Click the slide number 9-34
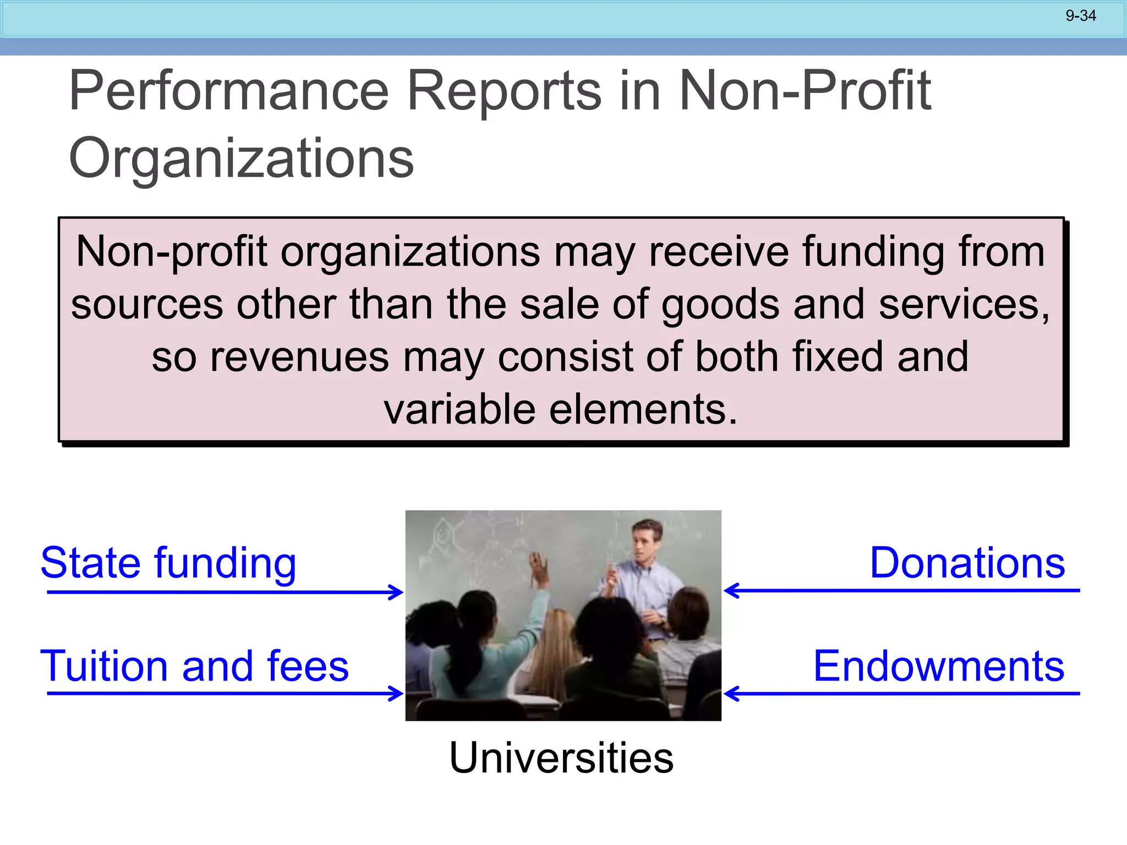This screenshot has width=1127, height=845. coord(1080,16)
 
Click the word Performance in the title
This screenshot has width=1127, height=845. coord(229,91)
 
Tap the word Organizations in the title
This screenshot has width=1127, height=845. coord(241,158)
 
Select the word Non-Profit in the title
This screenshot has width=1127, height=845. coord(805,91)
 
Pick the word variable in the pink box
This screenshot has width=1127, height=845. coord(459,410)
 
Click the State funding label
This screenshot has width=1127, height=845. coord(168,563)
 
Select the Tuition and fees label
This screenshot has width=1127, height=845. coord(194,666)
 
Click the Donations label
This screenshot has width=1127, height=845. coord(967,563)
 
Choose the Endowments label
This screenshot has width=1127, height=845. coord(939,666)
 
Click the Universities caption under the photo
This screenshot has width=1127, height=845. coord(561,758)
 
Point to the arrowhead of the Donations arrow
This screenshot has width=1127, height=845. coord(730,591)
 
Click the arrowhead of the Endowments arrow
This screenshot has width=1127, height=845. coord(730,694)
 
